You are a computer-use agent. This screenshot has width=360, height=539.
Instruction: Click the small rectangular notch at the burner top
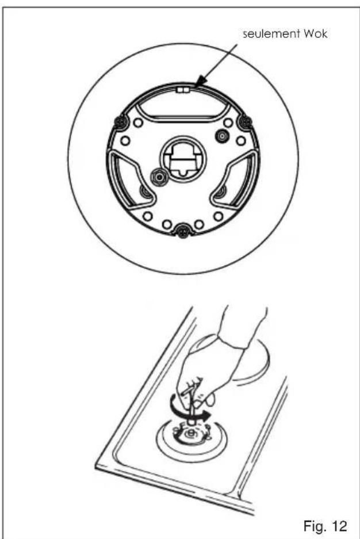click(182, 90)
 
